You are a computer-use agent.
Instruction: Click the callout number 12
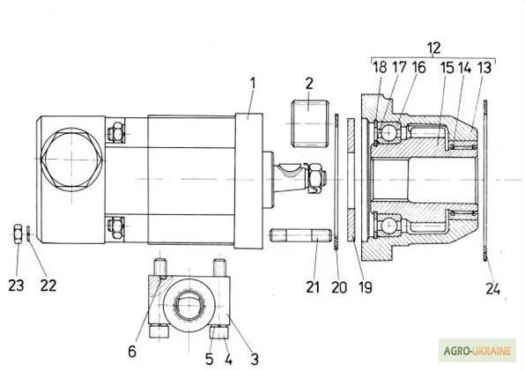click(433, 48)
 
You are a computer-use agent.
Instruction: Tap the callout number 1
click(253, 84)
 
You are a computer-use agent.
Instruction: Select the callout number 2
click(309, 84)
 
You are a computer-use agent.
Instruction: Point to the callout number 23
click(16, 286)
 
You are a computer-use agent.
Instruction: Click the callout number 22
click(48, 286)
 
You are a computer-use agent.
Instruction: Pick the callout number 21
click(313, 287)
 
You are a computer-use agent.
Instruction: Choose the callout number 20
click(339, 287)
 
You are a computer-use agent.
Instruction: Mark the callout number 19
click(366, 287)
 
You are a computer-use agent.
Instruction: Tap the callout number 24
click(493, 288)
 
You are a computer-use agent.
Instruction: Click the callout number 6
click(132, 352)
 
